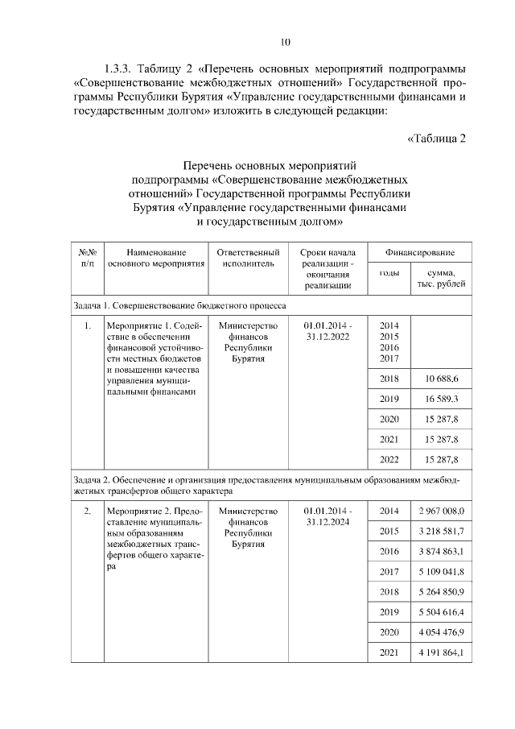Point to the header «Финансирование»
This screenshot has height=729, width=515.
419,252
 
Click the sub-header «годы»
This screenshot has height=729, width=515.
389,273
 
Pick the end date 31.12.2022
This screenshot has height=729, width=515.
328,336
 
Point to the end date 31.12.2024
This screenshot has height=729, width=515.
328,521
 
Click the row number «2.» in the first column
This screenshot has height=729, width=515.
87,511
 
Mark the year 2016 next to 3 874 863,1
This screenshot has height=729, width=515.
389,552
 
